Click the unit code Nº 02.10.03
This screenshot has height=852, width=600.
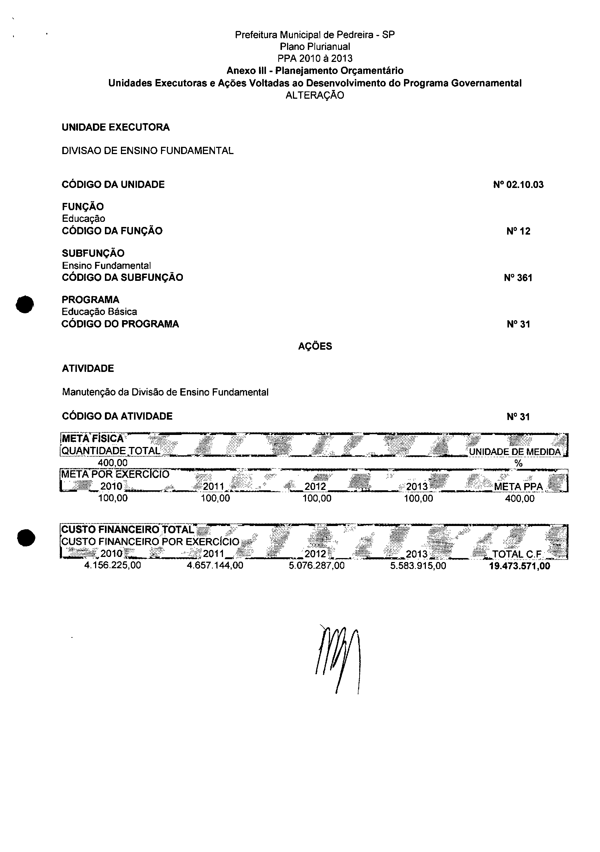(518, 185)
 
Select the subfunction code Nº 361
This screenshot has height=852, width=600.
(518, 278)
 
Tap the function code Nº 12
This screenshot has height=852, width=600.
(518, 232)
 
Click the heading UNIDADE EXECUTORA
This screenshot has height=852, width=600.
(115, 127)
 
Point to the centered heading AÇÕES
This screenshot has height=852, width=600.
(315, 346)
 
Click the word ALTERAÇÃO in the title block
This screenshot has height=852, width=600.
(315, 95)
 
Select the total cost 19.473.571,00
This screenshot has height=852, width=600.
(519, 566)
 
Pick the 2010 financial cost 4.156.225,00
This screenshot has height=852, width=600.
(113, 566)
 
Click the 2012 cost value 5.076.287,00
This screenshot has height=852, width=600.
(317, 566)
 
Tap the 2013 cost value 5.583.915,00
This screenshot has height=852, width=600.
(418, 566)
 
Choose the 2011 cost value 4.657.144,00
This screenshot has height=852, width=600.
(215, 566)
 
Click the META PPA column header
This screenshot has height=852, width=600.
(518, 487)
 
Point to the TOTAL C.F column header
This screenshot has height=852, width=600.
(517, 554)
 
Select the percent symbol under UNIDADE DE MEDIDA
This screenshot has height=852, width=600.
(518, 463)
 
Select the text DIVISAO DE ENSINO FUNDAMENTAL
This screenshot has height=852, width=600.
(147, 151)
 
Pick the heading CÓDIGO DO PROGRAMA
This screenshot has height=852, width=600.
(120, 324)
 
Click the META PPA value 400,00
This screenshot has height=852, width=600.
(519, 498)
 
